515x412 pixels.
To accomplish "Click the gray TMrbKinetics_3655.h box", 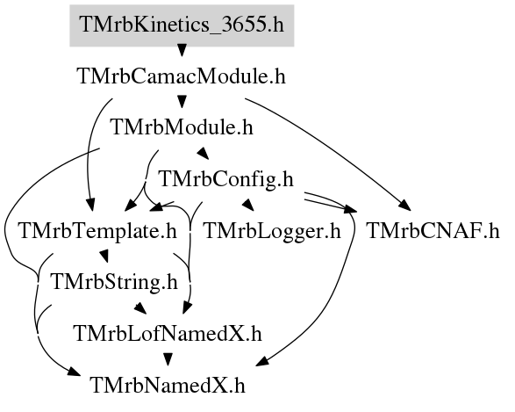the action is (182, 25).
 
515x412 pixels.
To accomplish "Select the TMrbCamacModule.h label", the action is (182, 76).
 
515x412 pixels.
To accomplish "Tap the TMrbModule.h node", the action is (182, 127).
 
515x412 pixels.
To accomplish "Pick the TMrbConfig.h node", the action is (225, 179).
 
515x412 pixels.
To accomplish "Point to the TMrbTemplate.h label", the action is (98, 231).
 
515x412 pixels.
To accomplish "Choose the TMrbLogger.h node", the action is (272, 231).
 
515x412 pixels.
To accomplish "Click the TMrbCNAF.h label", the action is (433, 231).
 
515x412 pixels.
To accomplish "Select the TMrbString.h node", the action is (114, 282).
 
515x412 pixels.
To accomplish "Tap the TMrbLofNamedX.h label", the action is (168, 334).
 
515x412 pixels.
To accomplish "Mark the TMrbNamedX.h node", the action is (168, 385).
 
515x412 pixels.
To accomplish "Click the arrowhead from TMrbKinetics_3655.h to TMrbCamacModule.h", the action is (182, 50).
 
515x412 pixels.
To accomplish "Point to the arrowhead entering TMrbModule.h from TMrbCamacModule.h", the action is (182, 101).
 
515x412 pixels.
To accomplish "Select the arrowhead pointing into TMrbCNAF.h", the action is (405, 206).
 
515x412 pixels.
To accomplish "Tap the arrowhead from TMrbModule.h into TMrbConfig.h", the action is (203, 153).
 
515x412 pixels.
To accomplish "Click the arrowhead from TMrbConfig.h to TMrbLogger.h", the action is (248, 205).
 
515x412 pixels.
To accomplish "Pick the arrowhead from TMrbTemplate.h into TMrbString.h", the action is (104, 256).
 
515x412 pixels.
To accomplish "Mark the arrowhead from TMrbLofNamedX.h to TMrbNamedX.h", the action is (168, 359).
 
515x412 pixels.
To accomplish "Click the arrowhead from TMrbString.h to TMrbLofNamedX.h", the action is (140, 307).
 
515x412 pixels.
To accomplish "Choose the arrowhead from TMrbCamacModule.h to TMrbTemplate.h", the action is (90, 205).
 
